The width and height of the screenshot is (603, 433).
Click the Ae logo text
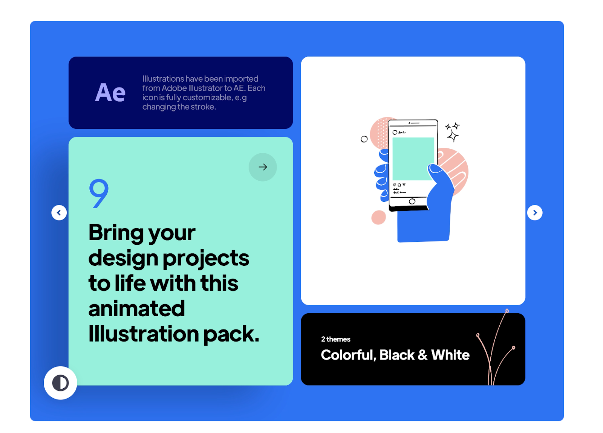click(x=110, y=93)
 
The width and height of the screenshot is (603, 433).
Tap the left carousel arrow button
click(x=59, y=213)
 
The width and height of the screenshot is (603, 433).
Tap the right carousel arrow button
click(x=536, y=213)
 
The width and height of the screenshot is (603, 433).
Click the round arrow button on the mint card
click(x=263, y=167)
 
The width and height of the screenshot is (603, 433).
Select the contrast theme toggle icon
click(x=61, y=383)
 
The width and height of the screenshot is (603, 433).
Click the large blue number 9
click(x=99, y=194)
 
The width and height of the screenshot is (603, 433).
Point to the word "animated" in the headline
click(x=137, y=309)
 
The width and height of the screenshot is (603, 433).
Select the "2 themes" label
click(x=336, y=339)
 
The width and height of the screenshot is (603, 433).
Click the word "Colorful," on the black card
click(x=349, y=355)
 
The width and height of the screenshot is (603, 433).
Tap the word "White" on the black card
click(x=451, y=355)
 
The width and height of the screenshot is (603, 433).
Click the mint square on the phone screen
click(x=414, y=159)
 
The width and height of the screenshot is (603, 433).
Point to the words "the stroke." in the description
click(x=197, y=107)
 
